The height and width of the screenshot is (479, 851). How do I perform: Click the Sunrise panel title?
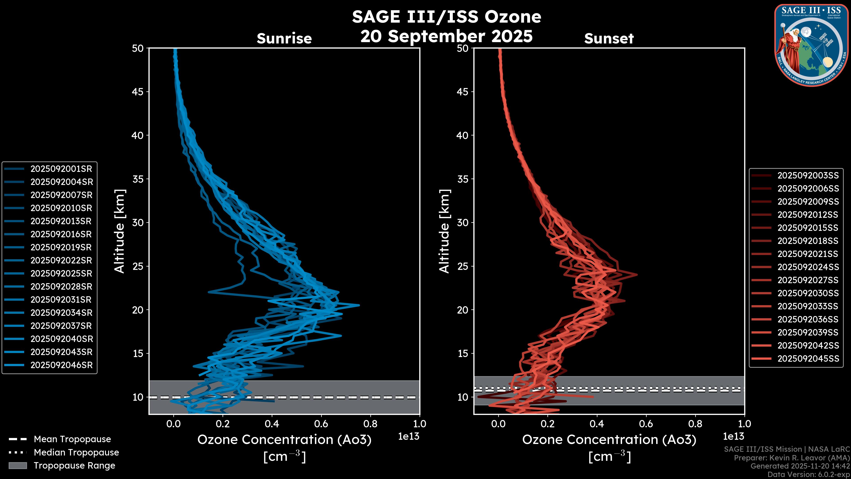[x=284, y=39]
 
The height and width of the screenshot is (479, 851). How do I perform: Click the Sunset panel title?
[x=609, y=39]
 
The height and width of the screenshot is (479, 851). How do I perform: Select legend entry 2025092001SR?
[x=61, y=169]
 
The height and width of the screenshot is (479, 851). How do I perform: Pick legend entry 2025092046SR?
[x=61, y=365]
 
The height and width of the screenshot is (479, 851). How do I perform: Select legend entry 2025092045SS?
[x=808, y=359]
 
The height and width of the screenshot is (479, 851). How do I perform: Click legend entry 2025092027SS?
[x=808, y=280]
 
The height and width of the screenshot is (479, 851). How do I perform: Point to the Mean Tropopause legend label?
[x=72, y=439]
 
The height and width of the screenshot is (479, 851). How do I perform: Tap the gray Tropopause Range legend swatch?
[x=18, y=466]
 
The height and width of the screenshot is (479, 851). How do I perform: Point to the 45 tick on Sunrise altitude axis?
[x=138, y=92]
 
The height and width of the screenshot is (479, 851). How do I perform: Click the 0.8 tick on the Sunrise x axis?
[x=370, y=424]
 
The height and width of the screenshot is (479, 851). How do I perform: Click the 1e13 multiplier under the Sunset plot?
[x=733, y=437]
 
